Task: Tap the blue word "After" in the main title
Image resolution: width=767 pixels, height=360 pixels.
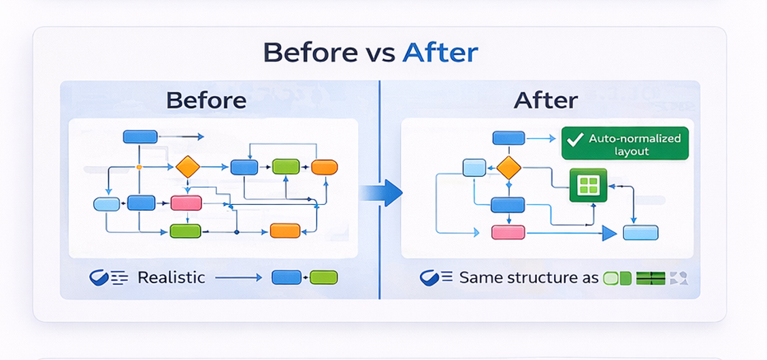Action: tap(440, 53)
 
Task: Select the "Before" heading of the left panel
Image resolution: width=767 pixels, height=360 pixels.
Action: tap(206, 101)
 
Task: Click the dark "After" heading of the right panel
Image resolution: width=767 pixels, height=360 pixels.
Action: tap(545, 101)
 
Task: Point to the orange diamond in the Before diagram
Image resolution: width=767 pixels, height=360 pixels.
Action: tap(187, 166)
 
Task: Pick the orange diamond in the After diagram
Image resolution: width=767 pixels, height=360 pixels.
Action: tap(508, 167)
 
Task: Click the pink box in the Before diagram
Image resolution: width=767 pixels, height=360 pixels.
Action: tap(186, 203)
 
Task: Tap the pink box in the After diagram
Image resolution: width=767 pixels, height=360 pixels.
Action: tap(508, 232)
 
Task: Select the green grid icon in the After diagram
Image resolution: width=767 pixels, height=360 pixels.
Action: tap(587, 186)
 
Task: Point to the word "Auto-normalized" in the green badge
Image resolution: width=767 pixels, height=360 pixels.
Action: tap(634, 138)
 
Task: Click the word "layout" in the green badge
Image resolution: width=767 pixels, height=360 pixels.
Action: tap(631, 151)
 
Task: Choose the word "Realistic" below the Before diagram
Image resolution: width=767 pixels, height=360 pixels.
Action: tap(171, 278)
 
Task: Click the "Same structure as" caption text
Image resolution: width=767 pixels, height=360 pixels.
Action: tap(529, 278)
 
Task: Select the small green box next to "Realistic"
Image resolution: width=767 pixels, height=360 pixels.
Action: tap(325, 277)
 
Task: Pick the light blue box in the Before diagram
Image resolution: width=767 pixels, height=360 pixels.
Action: tap(106, 203)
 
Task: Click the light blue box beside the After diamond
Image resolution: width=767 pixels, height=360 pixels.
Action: tap(474, 167)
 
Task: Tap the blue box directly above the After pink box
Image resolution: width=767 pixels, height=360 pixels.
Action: tap(508, 205)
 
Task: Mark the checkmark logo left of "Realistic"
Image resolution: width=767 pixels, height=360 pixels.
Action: tap(100, 278)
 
